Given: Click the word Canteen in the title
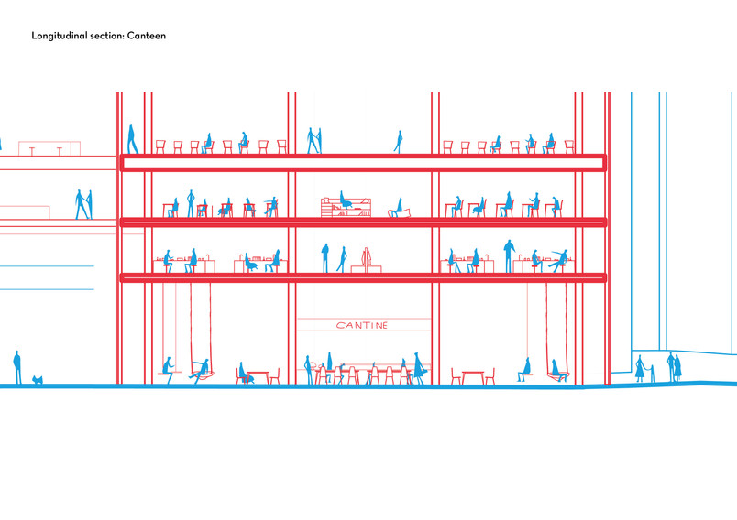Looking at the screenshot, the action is pos(146,36).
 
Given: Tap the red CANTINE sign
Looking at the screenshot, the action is pos(362,325).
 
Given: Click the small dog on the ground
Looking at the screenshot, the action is pos(38,379).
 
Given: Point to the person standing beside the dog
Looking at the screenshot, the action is pos(17,367).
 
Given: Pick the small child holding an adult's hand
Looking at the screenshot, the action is pos(652,373).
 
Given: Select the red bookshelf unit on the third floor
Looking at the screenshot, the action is pos(346,208).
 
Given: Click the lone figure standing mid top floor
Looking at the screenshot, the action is pos(399,142).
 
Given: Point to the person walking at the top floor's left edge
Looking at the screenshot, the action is pos(133,138).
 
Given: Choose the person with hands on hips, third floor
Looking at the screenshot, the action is pos(191,202).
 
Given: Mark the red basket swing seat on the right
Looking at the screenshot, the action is pos(558,375).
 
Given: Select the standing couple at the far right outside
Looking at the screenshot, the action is pos(674,366).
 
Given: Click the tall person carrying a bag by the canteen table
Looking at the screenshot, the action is pos(418,368).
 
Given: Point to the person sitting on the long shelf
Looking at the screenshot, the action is pos(346,200).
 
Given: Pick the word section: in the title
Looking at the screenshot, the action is pos(106,36).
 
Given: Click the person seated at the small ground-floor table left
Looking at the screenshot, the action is pos(244,373).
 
